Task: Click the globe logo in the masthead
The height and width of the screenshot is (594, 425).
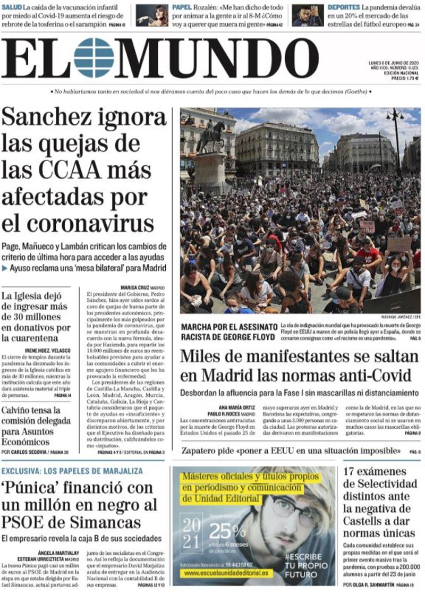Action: point(94,58)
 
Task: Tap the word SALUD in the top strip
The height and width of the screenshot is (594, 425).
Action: point(11,7)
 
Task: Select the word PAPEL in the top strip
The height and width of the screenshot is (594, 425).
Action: point(182,7)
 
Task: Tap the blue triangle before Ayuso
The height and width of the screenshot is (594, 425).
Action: point(5,268)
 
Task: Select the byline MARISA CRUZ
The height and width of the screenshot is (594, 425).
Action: point(133,287)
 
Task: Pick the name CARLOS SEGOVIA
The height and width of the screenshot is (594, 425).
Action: point(30,452)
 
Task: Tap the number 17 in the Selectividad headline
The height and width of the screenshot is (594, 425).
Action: point(353,471)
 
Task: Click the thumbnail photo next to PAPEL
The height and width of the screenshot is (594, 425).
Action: point(152,15)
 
